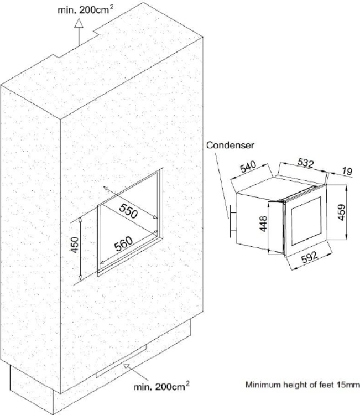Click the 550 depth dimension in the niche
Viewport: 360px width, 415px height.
(128, 211)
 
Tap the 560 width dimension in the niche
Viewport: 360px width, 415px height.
(123, 243)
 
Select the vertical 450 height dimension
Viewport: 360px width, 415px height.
(75, 245)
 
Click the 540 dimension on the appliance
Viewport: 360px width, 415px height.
(248, 167)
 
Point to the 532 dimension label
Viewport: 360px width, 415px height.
(305, 163)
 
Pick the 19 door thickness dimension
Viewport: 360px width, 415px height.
(347, 171)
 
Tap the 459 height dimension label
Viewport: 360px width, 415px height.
(342, 212)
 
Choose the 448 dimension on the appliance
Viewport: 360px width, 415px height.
(263, 224)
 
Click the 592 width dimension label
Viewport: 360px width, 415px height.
(309, 257)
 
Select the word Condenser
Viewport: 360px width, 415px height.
(230, 145)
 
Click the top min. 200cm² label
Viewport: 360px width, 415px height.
(86, 10)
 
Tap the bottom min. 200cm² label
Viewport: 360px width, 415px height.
(161, 386)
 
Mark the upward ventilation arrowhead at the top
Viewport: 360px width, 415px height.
(79, 23)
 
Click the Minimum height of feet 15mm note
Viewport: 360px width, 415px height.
(302, 385)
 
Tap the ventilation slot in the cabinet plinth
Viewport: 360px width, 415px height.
(121, 361)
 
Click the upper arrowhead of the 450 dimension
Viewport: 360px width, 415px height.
(80, 220)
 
